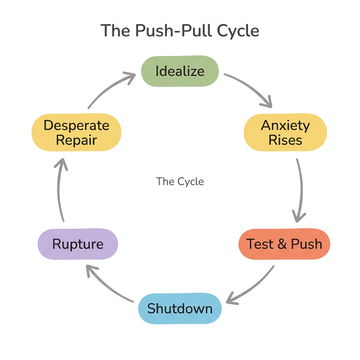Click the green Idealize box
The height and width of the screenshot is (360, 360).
pos(180,71)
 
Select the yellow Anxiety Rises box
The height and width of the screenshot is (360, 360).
pos(285,133)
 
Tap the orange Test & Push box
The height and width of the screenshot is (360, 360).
pos(284,244)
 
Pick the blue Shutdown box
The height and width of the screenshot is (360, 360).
pos(180,308)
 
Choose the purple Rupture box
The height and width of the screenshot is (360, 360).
pos(78,244)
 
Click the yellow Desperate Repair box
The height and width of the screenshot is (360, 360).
pos(76,133)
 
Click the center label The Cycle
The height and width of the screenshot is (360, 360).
pos(180,181)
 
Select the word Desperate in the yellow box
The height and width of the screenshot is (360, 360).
pos(76,126)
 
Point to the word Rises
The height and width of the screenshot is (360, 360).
pos(285,140)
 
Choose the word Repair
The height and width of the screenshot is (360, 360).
pos(76,140)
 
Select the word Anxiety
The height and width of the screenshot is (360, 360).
pos(285,126)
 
